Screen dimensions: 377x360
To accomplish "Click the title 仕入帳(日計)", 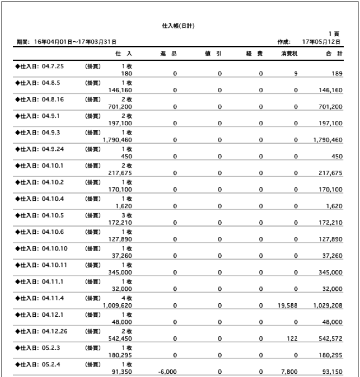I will (179, 25).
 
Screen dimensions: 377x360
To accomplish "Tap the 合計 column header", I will (335, 55).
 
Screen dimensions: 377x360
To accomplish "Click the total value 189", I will (337, 73).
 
